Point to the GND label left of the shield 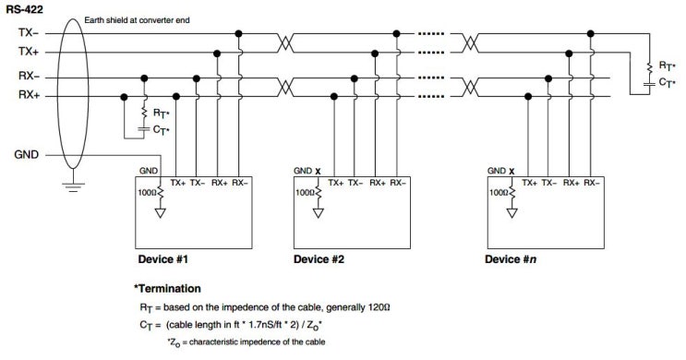click(28, 154)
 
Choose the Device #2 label click(319, 258)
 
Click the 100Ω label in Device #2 click(305, 194)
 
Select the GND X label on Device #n click(499, 172)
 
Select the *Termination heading click(168, 289)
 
